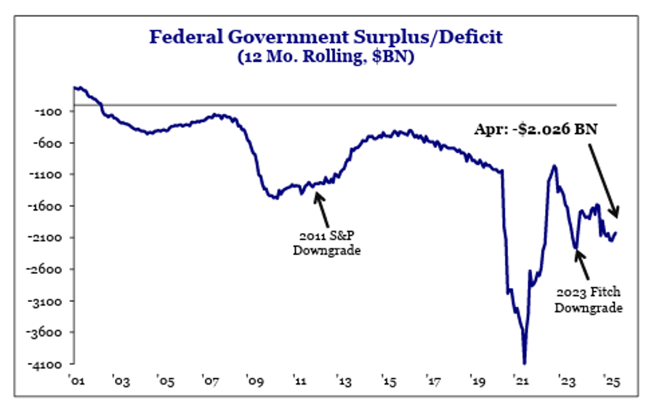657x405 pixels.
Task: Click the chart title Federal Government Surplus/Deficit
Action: point(326,36)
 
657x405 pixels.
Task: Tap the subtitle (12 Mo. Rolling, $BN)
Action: point(326,57)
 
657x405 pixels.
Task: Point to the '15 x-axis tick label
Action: point(388,380)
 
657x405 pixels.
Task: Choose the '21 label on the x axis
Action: point(522,380)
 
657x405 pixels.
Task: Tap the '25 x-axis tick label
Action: point(610,380)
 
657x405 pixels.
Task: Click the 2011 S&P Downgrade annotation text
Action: point(326,243)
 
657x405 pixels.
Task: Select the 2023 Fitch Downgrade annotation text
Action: point(589,300)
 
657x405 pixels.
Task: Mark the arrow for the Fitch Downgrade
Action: point(585,264)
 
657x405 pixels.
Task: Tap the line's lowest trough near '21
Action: point(524,362)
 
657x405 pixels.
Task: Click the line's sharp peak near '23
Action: point(555,166)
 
